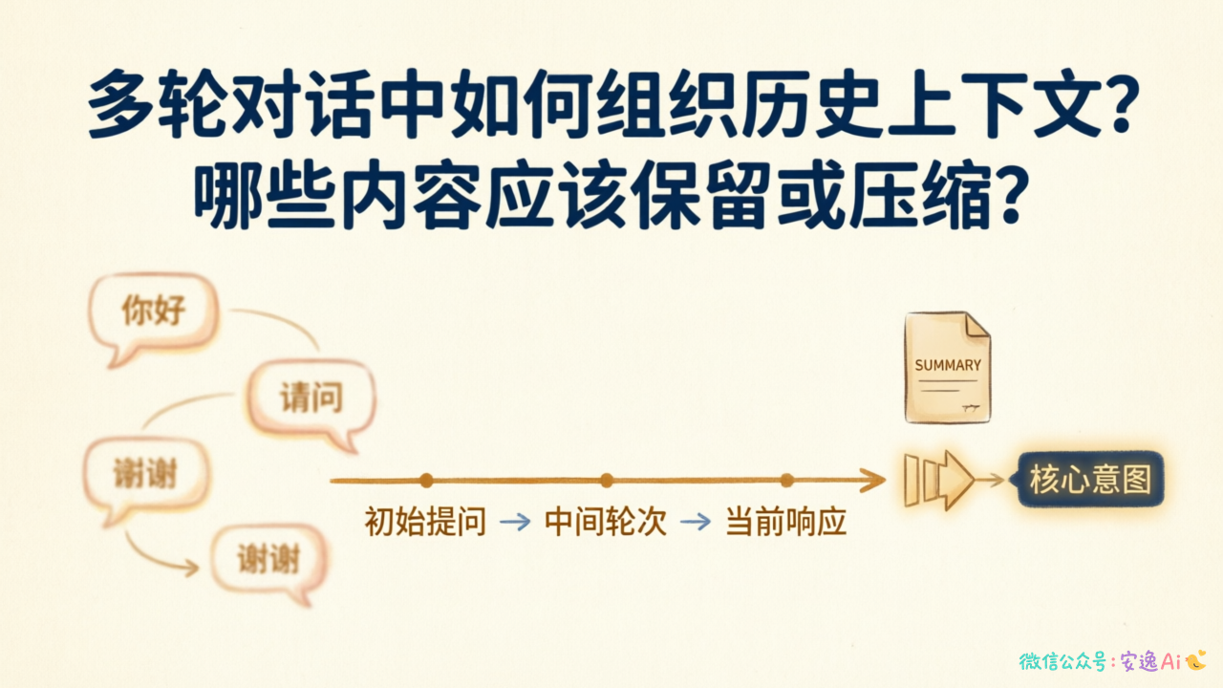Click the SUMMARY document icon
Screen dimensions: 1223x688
click(x=947, y=367)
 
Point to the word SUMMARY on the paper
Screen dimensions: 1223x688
click(x=948, y=365)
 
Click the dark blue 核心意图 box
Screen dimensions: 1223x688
click(x=1090, y=480)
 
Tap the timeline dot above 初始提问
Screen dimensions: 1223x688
click(x=426, y=481)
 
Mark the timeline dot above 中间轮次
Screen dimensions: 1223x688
click(x=606, y=481)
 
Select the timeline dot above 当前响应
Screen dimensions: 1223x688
click(x=786, y=481)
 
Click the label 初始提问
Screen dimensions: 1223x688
click(x=425, y=522)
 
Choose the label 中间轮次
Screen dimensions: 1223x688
click(x=606, y=522)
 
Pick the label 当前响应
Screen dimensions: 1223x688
click(x=786, y=522)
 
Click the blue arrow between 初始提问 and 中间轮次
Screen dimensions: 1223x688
click(x=515, y=522)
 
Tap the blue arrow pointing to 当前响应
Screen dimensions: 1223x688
click(x=696, y=522)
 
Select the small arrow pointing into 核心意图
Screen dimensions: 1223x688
click(x=990, y=480)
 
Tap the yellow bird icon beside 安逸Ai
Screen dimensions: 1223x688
click(x=1195, y=660)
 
